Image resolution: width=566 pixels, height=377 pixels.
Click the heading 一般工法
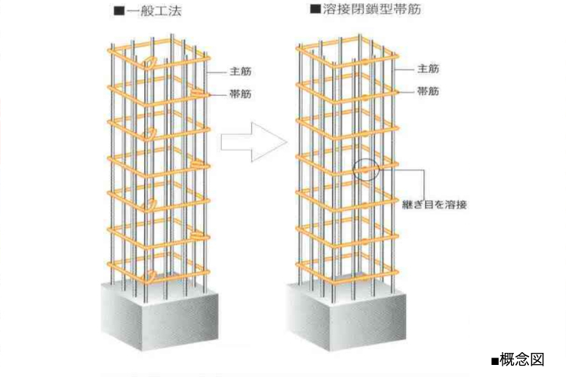click(154, 11)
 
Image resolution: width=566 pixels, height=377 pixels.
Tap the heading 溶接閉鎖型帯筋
click(372, 9)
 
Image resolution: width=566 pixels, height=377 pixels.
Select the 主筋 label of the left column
click(241, 71)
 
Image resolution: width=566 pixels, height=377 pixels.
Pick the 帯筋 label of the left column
click(241, 94)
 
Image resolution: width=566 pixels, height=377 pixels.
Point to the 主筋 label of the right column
click(428, 69)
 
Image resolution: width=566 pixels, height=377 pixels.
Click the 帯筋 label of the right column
click(428, 91)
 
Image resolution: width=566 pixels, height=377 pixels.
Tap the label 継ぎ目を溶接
click(435, 204)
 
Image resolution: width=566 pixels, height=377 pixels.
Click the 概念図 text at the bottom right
click(522, 360)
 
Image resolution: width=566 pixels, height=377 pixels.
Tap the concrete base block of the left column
click(159, 315)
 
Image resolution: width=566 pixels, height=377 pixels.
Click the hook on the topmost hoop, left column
click(150, 62)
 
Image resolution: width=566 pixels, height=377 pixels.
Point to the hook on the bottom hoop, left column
click(150, 276)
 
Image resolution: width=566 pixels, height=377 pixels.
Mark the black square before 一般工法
click(119, 11)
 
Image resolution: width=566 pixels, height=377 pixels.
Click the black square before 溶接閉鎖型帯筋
click(315, 8)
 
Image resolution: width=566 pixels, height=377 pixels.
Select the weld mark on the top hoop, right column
click(365, 62)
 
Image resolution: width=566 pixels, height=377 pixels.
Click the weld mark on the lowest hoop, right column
click(365, 277)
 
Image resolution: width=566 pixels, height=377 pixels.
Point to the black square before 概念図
click(495, 360)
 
